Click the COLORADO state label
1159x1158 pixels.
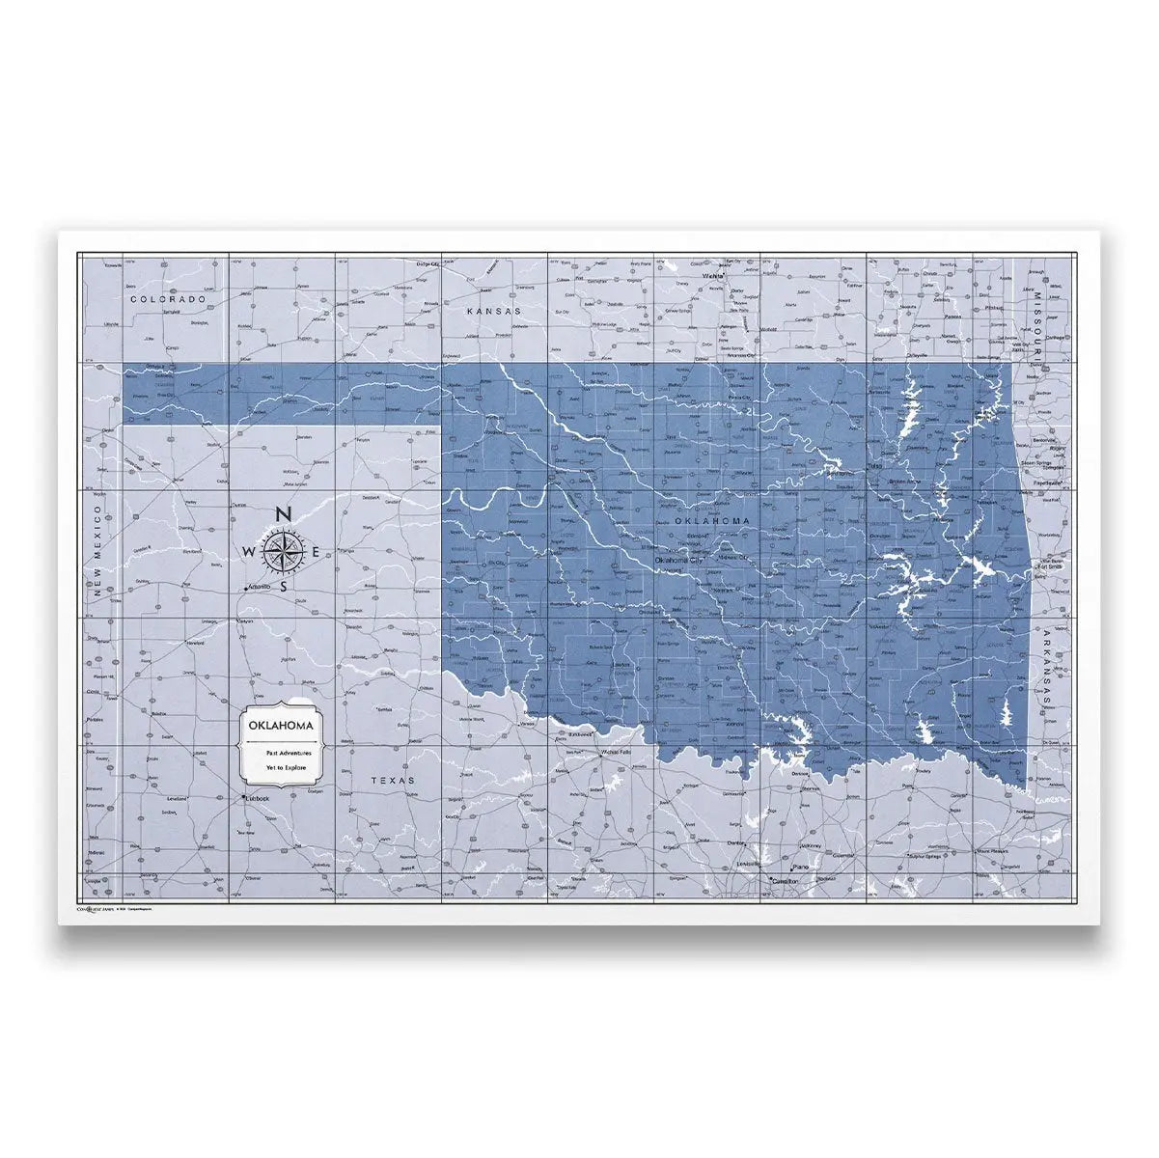click(169, 300)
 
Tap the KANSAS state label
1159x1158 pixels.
click(492, 312)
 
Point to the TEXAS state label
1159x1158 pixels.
click(393, 780)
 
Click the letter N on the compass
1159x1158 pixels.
click(282, 514)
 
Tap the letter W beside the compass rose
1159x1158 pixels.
click(248, 552)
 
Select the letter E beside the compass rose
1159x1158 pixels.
click(316, 552)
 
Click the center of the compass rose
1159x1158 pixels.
click(282, 552)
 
